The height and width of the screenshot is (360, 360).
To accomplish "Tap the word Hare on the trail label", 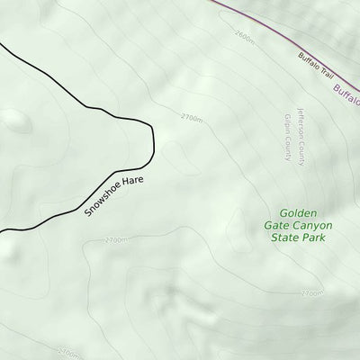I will click(x=132, y=178).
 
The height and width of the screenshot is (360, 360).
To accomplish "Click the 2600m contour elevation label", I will click(x=243, y=39).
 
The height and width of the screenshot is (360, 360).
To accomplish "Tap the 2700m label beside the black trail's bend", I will click(x=192, y=119).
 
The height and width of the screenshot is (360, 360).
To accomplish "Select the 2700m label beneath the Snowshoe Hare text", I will click(x=116, y=240).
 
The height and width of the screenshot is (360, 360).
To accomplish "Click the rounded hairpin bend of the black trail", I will click(x=153, y=140).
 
